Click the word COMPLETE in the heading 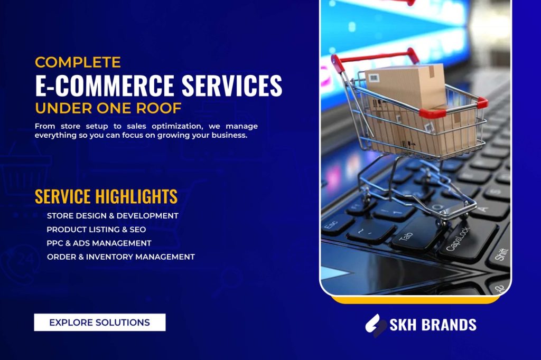pyautogui.click(x=78, y=62)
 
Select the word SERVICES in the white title pyautogui.click(x=232, y=85)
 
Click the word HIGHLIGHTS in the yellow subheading pyautogui.click(x=136, y=196)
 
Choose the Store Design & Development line pyautogui.click(x=113, y=216)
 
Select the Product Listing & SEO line pyautogui.click(x=96, y=230)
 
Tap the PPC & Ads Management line pyautogui.click(x=99, y=243)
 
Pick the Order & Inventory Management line pyautogui.click(x=121, y=257)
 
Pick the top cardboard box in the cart pyautogui.click(x=405, y=86)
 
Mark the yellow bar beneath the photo pyautogui.click(x=416, y=300)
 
